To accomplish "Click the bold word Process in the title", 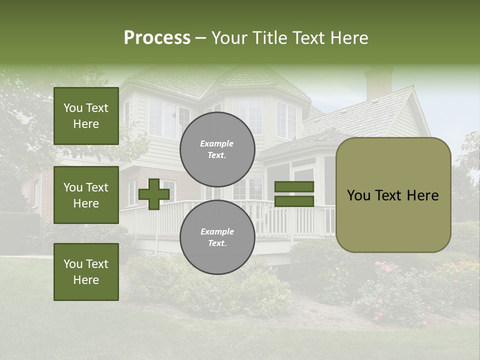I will point(157,38).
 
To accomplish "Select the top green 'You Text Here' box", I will point(86,116).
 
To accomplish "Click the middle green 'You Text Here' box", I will point(86,195).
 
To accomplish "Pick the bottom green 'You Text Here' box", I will point(86,272).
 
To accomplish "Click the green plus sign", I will point(154,194).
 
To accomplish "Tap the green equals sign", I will point(294,194).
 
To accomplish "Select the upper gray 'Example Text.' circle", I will point(217,149).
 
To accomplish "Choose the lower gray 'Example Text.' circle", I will point(217,237).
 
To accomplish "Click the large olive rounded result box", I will point(393,195).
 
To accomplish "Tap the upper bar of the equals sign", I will point(294,186).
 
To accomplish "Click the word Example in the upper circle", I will point(216,143).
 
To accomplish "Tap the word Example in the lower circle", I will point(217,231).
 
